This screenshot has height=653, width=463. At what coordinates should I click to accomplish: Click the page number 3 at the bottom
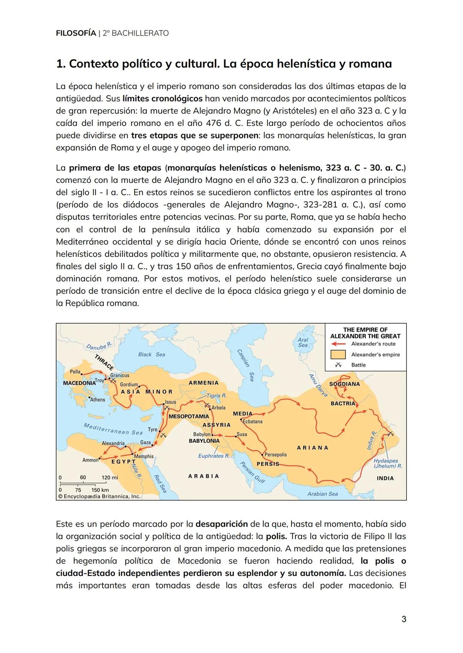click(x=403, y=619)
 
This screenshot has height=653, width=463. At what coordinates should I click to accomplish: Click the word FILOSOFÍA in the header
click(x=76, y=33)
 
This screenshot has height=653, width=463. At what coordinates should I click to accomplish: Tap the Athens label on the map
click(x=98, y=400)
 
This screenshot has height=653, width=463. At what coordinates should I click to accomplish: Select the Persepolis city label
click(x=276, y=454)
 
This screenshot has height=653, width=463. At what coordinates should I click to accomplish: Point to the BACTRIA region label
click(x=343, y=403)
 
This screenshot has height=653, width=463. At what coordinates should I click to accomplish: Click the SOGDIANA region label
click(x=344, y=384)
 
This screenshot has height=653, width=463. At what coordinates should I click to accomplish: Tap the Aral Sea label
click(x=303, y=342)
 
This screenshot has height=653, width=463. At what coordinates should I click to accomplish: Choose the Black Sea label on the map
click(x=151, y=355)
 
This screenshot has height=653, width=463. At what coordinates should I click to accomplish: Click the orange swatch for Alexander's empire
click(x=338, y=355)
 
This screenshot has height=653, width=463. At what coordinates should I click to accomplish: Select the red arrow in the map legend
click(x=338, y=344)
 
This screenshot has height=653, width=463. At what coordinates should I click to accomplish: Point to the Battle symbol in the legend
click(x=338, y=365)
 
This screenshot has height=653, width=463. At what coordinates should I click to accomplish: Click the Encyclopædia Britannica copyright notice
click(x=99, y=496)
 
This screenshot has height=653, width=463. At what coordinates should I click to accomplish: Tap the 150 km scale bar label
click(x=100, y=490)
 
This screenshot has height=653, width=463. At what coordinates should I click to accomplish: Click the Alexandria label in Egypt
click(x=113, y=443)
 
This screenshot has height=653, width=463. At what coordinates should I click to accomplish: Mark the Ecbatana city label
click(x=253, y=421)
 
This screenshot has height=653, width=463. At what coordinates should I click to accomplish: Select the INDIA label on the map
click(x=385, y=478)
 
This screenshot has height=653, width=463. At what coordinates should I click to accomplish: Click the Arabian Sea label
click(x=322, y=494)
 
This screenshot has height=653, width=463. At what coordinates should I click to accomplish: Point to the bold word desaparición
click(x=221, y=524)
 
